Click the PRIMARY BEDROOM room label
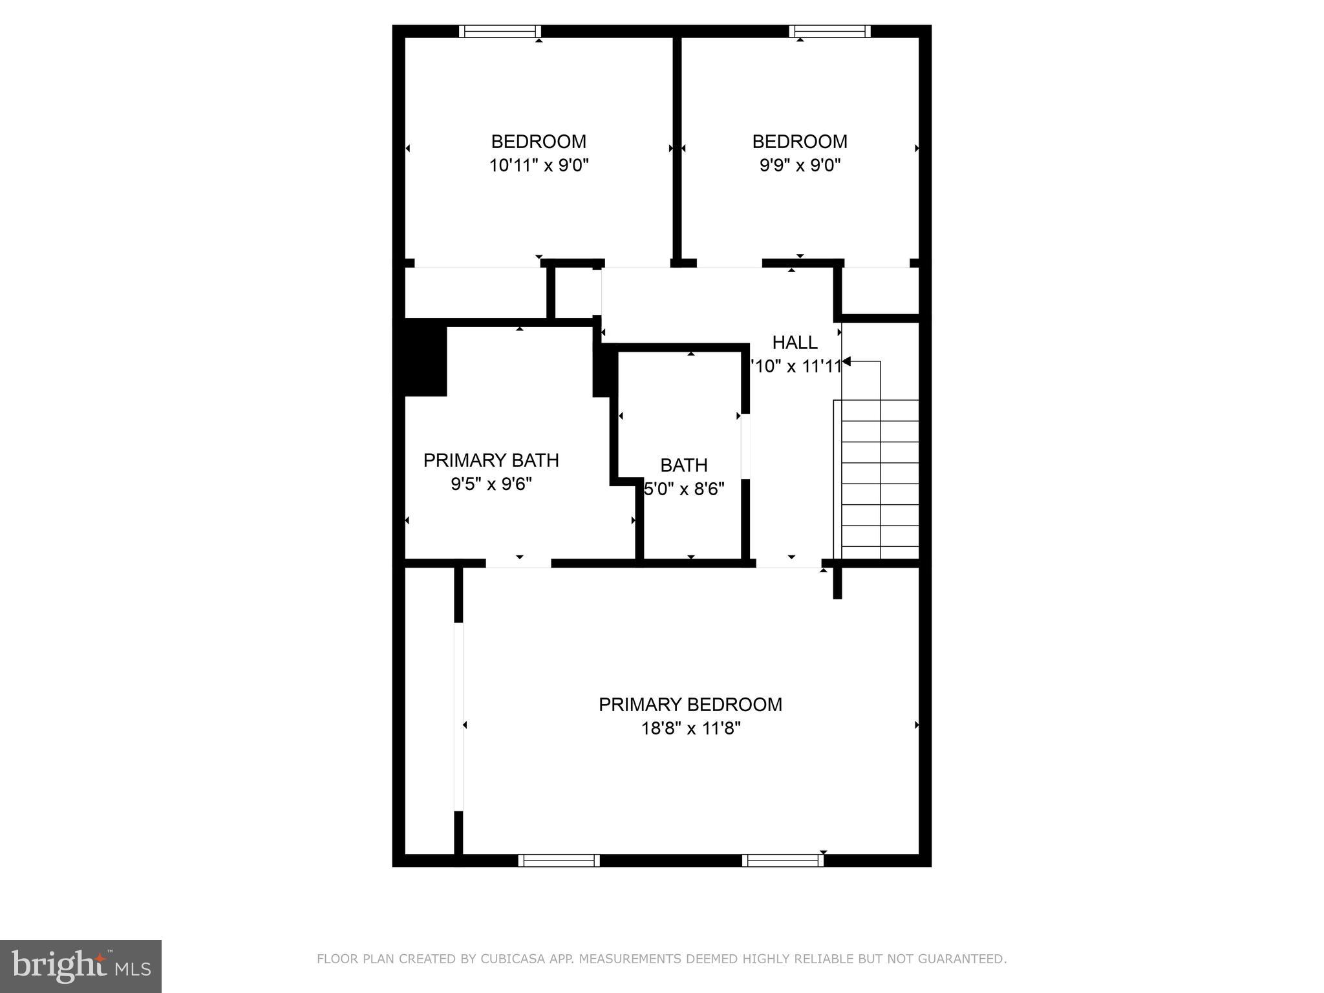point(690,704)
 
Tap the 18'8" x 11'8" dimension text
point(690,729)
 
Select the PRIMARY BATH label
point(491,460)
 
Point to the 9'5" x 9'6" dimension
point(491,484)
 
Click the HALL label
point(795,342)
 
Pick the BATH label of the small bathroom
point(683,465)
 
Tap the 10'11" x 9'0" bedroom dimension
point(539,165)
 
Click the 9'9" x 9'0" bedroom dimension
point(800,165)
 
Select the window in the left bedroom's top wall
point(500,32)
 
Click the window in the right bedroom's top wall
point(829,32)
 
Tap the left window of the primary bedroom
point(559,860)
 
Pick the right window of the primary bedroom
point(783,860)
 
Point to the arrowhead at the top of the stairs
point(846,361)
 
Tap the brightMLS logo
point(81,966)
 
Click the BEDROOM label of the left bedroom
point(539,142)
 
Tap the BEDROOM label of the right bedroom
point(800,142)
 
